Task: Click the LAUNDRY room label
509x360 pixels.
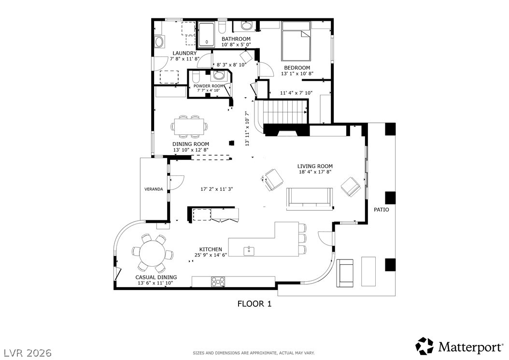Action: (x=184, y=53)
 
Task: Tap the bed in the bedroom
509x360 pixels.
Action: (x=296, y=41)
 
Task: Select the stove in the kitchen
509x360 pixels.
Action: (x=218, y=282)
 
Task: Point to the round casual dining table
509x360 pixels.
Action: (x=152, y=252)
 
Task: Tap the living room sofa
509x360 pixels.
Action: (x=310, y=199)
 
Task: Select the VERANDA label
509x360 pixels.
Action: (x=154, y=189)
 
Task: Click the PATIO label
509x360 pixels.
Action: (x=382, y=210)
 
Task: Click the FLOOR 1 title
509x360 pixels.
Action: (x=254, y=304)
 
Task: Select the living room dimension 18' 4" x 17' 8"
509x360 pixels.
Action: (x=314, y=172)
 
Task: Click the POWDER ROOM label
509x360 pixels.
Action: (x=209, y=86)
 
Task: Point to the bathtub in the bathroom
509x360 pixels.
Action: (x=207, y=34)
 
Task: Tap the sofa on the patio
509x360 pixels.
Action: (x=345, y=273)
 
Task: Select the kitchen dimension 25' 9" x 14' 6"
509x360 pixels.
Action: (x=211, y=255)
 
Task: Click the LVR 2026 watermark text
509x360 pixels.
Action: (x=28, y=353)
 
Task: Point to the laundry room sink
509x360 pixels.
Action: (x=159, y=42)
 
